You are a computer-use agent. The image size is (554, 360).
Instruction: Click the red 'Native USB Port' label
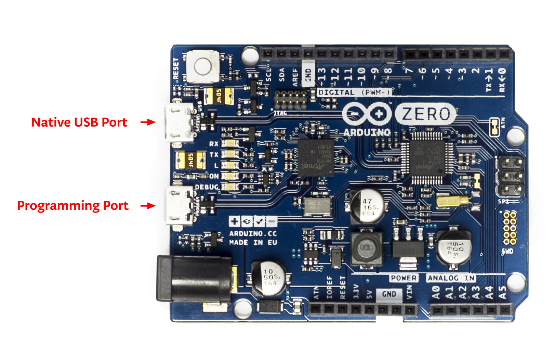(79, 122)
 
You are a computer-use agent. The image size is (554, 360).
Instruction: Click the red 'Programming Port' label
(73, 205)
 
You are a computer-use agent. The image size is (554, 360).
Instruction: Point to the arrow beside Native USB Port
(148, 122)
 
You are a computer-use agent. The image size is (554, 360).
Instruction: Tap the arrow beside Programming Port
(148, 205)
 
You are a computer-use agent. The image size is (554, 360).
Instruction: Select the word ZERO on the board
(425, 114)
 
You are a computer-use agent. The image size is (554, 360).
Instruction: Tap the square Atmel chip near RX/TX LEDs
(315, 158)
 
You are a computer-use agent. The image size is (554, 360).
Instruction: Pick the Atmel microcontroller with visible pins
(428, 157)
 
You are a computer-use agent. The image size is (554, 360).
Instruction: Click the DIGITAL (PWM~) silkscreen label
(354, 92)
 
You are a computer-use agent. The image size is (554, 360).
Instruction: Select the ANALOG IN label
(451, 278)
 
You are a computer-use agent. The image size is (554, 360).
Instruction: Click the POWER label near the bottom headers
(404, 278)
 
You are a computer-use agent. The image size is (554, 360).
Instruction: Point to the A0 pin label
(436, 293)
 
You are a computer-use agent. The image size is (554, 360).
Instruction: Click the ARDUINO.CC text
(253, 233)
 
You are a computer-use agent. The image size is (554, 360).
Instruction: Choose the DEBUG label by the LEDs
(206, 187)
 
